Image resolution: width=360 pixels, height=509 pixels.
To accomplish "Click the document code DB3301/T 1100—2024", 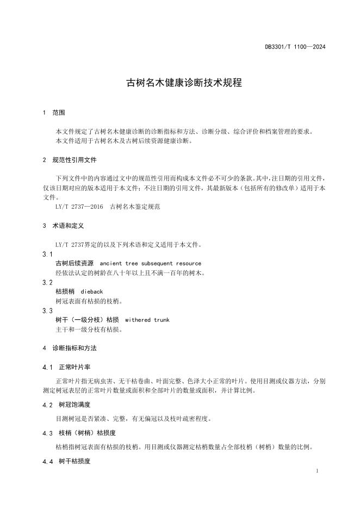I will [x=295, y=47].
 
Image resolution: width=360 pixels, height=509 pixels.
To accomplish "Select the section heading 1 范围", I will [x=54, y=113].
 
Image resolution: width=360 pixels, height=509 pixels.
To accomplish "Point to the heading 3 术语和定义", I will [x=63, y=225].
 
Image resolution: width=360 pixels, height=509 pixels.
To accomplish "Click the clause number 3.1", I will [x=47, y=254].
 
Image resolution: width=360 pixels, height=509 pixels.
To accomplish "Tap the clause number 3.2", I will [x=47, y=282].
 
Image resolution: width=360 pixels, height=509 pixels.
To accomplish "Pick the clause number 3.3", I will [x=47, y=311].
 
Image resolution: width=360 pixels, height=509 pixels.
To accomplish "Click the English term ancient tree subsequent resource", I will [x=151, y=263].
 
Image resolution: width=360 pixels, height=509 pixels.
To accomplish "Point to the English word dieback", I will [x=91, y=291].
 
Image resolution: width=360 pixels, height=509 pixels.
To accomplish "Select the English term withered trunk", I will [x=147, y=320].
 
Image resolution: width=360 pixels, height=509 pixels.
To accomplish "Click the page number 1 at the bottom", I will [x=316, y=470].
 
